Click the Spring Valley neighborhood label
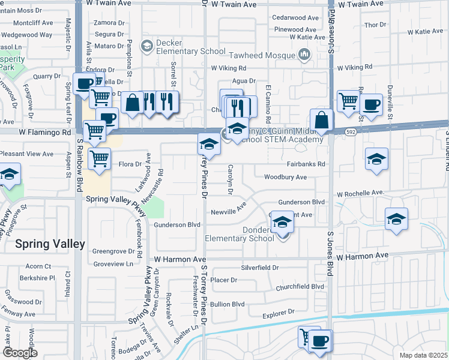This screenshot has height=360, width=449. [50, 244]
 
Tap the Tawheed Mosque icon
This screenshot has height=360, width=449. [304, 55]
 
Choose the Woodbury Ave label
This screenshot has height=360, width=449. [285, 177]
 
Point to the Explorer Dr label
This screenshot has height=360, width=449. [279, 312]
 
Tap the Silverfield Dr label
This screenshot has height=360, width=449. [260, 268]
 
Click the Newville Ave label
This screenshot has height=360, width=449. [228, 212]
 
